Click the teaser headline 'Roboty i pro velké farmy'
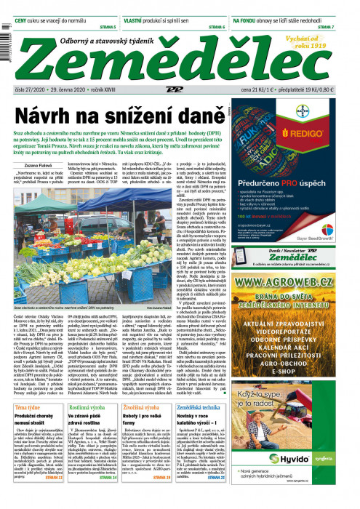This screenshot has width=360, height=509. click(x=139, y=425)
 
